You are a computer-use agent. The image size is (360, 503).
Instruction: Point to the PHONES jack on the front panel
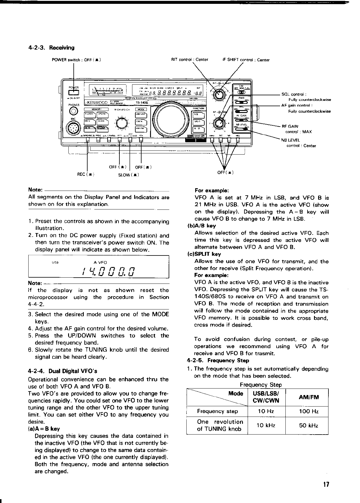pyautogui.click(x=73, y=111)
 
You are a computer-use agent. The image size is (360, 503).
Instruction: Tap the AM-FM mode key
pyautogui.click(x=139, y=129)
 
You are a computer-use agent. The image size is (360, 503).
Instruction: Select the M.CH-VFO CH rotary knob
pyautogui.click(x=121, y=122)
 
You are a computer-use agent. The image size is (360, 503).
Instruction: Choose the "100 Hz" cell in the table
pyautogui.click(x=307, y=411)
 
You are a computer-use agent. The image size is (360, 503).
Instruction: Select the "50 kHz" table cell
pyautogui.click(x=307, y=425)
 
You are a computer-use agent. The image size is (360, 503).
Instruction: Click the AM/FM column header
pyautogui.click(x=307, y=397)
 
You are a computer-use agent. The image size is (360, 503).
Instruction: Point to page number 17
pyautogui.click(x=326, y=484)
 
